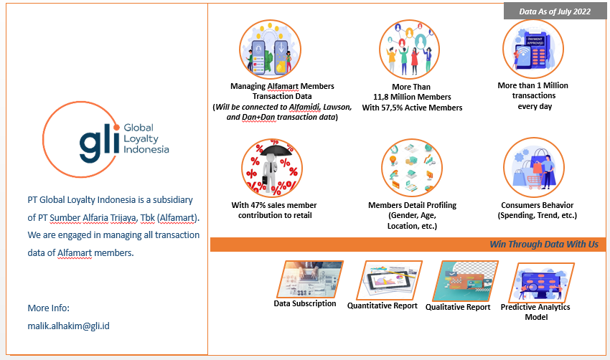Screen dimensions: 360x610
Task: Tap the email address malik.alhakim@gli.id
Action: point(68,326)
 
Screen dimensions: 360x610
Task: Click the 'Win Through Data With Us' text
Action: point(543,245)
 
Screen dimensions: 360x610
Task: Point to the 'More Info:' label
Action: point(48,308)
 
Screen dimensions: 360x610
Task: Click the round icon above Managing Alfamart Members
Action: point(272,50)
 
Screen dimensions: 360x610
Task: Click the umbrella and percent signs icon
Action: point(272,169)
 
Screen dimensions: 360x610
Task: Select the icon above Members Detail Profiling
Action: point(412,169)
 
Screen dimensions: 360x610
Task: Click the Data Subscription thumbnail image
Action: point(310,278)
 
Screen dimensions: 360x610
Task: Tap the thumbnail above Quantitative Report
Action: point(386,279)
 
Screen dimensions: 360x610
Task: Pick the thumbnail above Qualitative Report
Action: point(461,280)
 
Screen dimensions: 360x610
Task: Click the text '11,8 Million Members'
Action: point(412,97)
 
